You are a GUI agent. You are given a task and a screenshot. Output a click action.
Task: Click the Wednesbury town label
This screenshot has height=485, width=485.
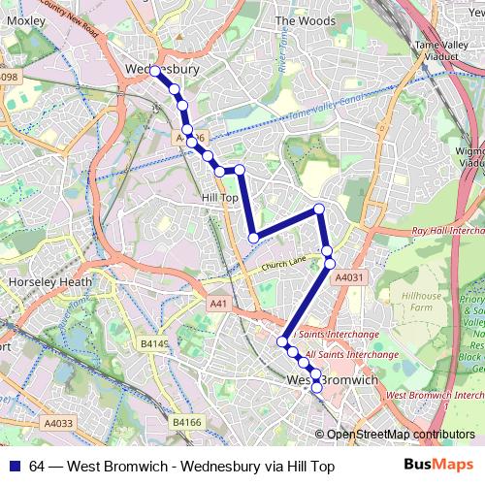click(162, 70)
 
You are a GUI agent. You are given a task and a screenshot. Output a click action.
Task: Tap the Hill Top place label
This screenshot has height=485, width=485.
click(218, 197)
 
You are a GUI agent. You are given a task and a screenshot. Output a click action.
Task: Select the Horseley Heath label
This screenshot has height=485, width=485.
click(48, 282)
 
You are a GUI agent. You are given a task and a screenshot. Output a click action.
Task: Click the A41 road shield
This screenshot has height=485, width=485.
click(219, 304)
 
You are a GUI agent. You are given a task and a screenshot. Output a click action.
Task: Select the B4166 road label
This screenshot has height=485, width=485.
click(188, 422)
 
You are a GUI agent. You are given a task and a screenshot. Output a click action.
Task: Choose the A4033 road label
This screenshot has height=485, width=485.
click(58, 422)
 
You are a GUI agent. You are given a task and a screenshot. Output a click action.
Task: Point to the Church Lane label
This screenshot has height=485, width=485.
click(282, 262)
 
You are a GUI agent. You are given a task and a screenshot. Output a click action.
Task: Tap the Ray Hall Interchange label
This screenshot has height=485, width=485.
click(446, 231)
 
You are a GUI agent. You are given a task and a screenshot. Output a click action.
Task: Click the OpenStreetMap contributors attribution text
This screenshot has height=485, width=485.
click(402, 435)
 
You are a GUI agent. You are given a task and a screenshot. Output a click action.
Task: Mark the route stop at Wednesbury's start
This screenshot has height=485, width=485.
click(154, 71)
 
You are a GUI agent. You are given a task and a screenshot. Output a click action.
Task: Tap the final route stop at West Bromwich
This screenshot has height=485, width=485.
click(316, 388)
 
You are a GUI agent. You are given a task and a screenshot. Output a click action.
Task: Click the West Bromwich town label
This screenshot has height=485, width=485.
click(333, 380)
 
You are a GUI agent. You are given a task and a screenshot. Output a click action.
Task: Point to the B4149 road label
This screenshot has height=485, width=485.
click(154, 343)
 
